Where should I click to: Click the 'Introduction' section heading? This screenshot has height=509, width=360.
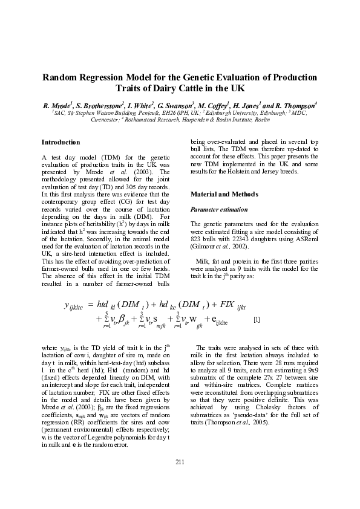pos(60,142)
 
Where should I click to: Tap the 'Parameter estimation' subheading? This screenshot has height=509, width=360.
pos(220,209)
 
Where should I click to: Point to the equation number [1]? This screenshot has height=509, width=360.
pos(257,319)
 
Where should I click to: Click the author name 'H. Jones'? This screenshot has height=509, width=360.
pos(241,105)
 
